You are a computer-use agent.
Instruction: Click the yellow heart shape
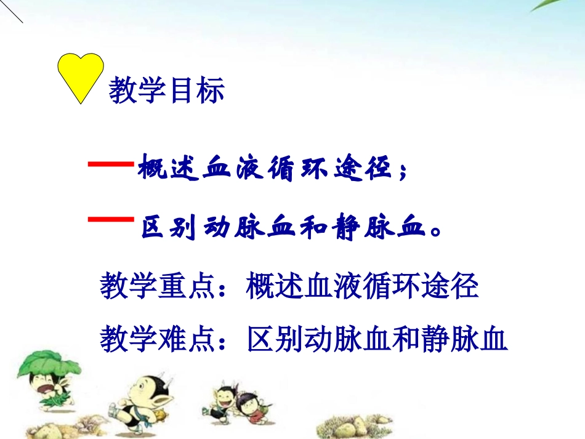[x=81, y=74]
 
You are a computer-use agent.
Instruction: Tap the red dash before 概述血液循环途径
[x=111, y=164]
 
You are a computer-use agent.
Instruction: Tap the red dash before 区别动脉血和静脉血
[x=111, y=219]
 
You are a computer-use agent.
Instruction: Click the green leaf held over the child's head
[x=46, y=363]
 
